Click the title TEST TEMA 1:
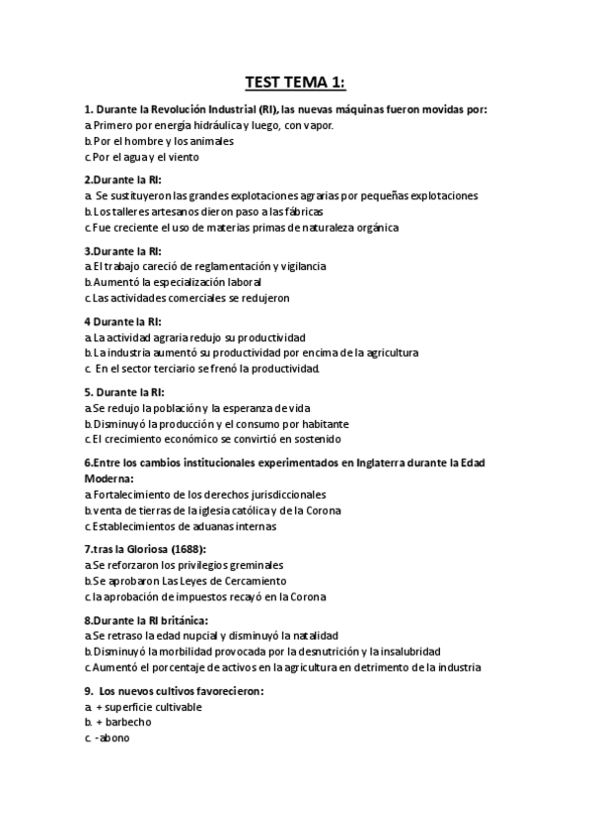(x=296, y=83)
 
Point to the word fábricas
(x=299, y=211)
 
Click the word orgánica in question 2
(x=371, y=227)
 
